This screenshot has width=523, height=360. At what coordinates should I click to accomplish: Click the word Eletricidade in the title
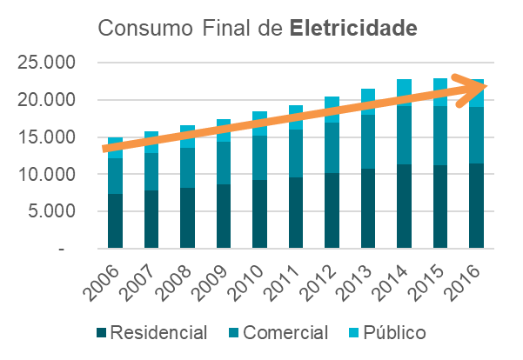pyautogui.click(x=354, y=27)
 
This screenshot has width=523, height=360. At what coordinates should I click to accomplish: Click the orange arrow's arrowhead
pyautogui.click(x=481, y=85)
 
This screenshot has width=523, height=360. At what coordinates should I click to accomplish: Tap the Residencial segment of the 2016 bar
pyautogui.click(x=476, y=206)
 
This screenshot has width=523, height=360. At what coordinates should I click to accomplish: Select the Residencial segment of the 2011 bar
pyautogui.click(x=296, y=213)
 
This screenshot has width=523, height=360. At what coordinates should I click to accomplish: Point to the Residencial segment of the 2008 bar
pyautogui.click(x=188, y=218)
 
